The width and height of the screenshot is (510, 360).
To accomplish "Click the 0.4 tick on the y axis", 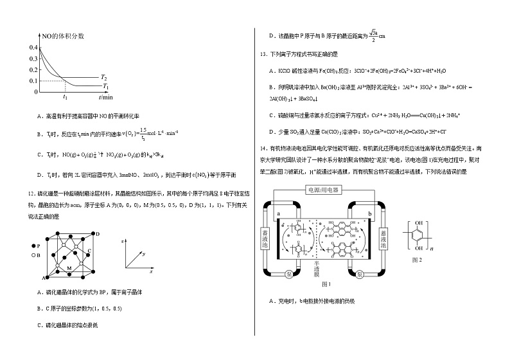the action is [33, 47].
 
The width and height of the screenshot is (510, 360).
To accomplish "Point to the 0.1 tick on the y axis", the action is [33, 80].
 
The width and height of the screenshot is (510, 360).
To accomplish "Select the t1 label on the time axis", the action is [65, 97].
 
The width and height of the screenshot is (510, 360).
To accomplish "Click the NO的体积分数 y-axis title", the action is [62, 38].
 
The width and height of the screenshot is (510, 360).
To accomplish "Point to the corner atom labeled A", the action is [44, 278].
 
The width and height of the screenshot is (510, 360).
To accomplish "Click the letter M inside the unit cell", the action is [69, 266].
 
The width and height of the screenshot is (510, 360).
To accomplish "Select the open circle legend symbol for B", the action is [32, 255].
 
